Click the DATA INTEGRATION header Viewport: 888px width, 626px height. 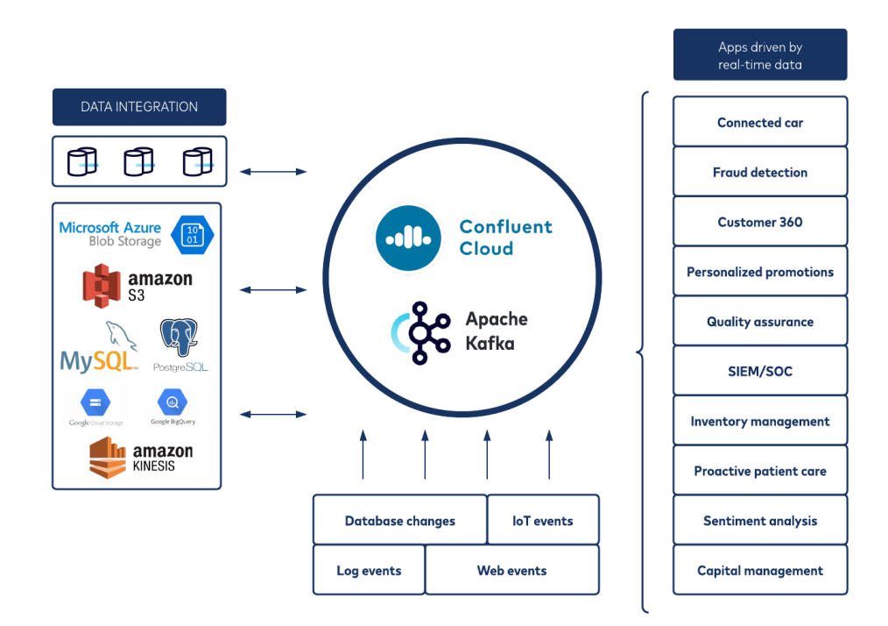[x=139, y=107]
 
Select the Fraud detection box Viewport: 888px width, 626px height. [x=759, y=172]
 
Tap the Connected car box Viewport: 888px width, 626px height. [x=759, y=122]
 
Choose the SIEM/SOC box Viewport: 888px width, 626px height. [x=759, y=371]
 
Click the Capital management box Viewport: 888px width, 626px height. [x=759, y=570]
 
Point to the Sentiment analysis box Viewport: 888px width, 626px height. [x=759, y=521]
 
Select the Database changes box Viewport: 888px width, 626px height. [x=399, y=521]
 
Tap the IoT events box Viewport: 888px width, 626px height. [x=543, y=521]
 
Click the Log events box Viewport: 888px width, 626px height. [x=369, y=571]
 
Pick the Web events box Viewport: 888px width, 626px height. [x=511, y=571]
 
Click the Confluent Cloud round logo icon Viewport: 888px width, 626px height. [x=408, y=237]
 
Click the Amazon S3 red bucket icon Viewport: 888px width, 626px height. [x=102, y=286]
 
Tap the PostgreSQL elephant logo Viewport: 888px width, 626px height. [x=180, y=339]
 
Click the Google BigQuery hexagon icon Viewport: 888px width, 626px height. [x=173, y=402]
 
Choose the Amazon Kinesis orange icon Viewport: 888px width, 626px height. [x=107, y=458]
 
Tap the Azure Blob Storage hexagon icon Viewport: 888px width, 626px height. [x=194, y=234]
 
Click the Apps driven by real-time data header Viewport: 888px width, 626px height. [x=759, y=54]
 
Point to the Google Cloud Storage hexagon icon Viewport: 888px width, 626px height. [x=95, y=403]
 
